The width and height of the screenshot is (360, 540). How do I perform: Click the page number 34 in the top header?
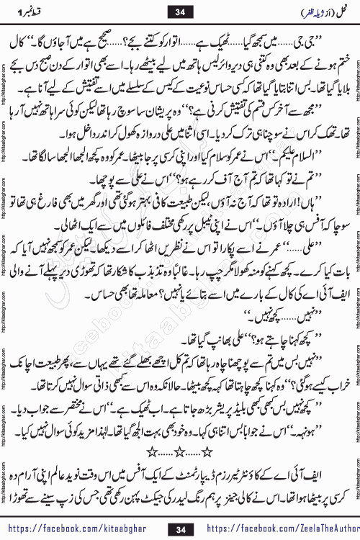point(179,11)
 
